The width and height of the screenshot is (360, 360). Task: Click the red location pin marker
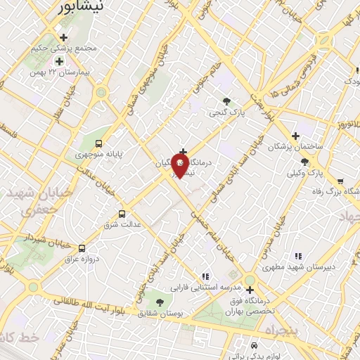pos(180,166)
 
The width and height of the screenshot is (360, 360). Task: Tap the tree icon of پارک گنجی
pos(226,101)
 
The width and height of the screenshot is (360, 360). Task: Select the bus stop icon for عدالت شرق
pos(122,214)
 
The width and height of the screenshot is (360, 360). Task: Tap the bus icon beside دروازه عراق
pos(82,248)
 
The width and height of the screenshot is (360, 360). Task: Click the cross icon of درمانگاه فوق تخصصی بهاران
pos(250,289)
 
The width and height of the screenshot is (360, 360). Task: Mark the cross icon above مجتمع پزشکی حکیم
pos(64,37)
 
